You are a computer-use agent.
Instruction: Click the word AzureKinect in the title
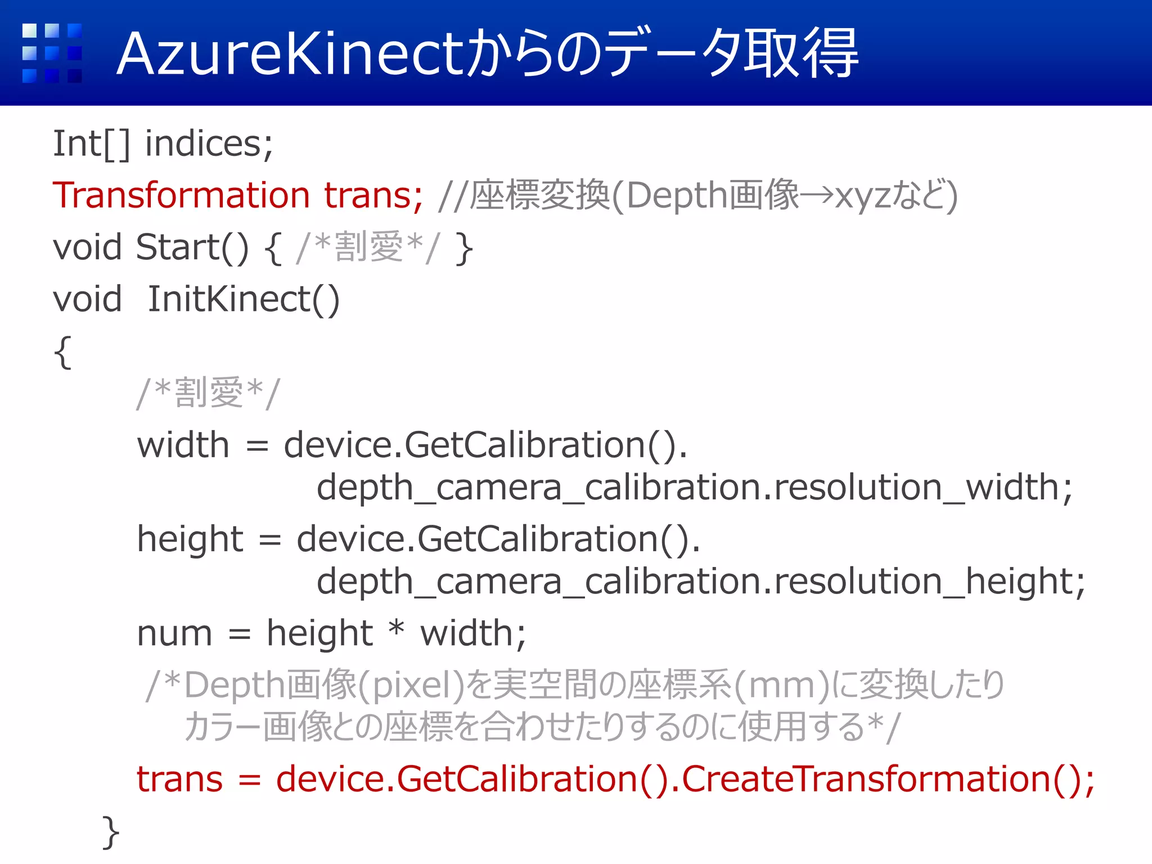290,54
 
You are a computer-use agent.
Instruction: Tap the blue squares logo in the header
52,53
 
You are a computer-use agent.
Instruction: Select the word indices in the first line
209,144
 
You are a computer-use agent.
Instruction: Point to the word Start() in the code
192,247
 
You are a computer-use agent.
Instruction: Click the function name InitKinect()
244,299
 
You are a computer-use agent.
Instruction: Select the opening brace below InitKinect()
62,352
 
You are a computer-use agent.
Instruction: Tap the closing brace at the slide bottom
111,831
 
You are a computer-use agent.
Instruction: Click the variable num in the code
174,634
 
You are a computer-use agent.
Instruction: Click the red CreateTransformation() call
888,780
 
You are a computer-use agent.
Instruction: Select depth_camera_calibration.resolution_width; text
694,488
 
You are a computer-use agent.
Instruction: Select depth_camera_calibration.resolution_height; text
700,582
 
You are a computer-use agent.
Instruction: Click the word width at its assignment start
183,445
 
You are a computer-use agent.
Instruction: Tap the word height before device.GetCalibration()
190,539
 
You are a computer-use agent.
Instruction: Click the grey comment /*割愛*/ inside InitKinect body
208,393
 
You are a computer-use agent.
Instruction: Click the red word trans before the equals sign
180,780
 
